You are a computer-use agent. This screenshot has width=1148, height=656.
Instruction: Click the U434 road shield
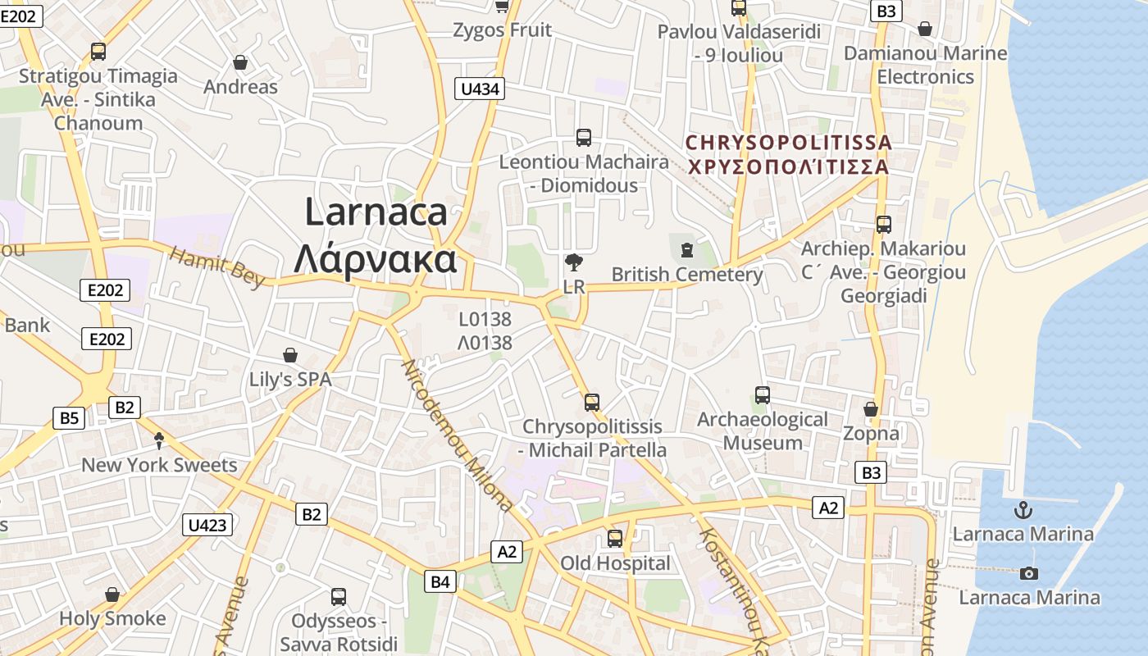click(x=481, y=89)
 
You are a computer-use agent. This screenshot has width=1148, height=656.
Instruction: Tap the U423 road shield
click(x=207, y=525)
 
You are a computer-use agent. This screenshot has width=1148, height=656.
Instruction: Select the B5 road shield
click(x=70, y=418)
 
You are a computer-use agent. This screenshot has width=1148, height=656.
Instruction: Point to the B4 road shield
click(x=440, y=581)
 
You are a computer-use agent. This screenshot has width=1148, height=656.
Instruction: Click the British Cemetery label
click(x=687, y=274)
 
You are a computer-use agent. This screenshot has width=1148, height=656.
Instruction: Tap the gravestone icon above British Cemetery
click(x=686, y=247)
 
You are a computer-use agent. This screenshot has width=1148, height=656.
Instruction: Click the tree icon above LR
click(x=574, y=263)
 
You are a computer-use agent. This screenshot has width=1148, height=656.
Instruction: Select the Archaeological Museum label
click(x=763, y=431)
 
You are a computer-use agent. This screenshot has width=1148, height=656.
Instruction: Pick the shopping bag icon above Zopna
click(x=871, y=408)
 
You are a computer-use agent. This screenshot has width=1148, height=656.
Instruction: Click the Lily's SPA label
click(x=290, y=380)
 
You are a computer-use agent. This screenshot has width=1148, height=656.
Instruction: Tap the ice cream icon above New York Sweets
click(x=159, y=441)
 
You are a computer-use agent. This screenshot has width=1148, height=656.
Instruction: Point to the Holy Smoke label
click(x=112, y=618)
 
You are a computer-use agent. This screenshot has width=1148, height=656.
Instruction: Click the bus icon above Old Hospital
click(x=615, y=539)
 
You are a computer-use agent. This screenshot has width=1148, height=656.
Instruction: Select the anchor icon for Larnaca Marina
click(x=1023, y=510)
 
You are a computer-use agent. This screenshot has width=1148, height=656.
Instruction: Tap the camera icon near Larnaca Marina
click(x=1029, y=573)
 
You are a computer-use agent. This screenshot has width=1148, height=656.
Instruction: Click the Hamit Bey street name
click(x=217, y=266)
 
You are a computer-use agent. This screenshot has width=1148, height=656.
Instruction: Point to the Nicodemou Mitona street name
click(x=458, y=435)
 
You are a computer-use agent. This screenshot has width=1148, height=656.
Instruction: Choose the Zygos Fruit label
click(x=503, y=30)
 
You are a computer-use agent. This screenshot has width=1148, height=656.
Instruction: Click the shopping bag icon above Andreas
click(x=240, y=62)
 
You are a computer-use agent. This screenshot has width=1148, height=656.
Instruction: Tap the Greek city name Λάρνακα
click(x=375, y=258)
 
